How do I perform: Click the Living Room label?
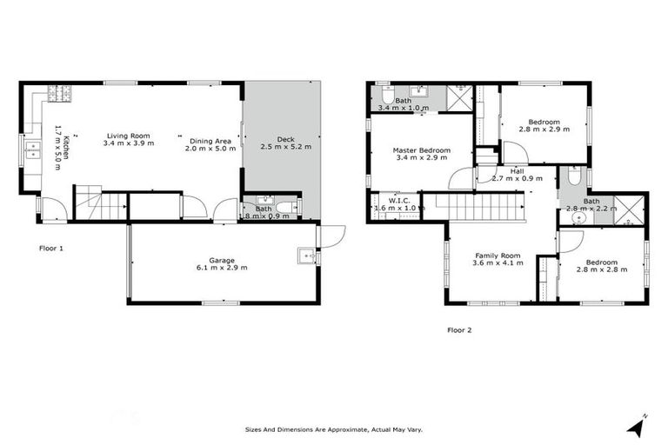129,136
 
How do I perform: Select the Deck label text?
285,139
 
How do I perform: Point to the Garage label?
222,260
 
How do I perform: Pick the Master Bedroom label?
421,150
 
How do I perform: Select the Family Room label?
497,256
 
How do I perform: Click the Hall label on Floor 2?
518,171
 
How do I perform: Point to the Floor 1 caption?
51,249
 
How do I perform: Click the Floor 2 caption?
459,329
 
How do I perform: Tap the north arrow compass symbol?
638,425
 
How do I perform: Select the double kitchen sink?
30,150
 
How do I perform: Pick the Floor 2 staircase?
477,207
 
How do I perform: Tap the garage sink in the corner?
307,255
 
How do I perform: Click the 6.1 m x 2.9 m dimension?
222,268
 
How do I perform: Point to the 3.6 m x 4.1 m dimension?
497,263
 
